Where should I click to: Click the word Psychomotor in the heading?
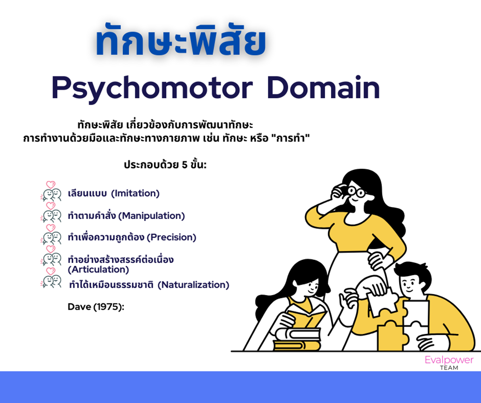(152, 89)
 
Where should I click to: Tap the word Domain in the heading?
(323, 88)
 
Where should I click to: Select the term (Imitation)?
(135, 193)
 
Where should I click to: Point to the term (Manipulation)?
(151, 216)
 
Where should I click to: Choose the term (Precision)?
(171, 237)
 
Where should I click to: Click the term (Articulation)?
(98, 270)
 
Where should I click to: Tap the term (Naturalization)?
(193, 285)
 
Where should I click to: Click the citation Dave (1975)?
(96, 307)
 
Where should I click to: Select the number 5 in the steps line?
(185, 165)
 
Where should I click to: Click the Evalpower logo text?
(449, 360)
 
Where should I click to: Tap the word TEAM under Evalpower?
(449, 367)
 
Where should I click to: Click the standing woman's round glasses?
(357, 192)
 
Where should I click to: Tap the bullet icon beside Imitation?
(51, 192)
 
